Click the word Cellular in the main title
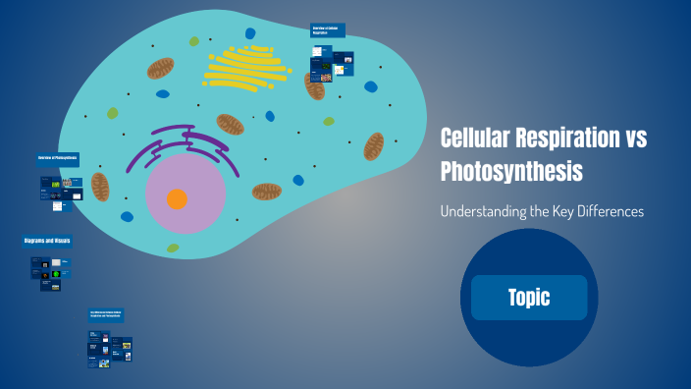point(475,139)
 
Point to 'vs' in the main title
point(635,139)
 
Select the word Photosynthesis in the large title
point(511,172)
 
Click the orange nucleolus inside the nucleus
point(177,199)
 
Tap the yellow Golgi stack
point(245,69)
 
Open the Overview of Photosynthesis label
point(58,158)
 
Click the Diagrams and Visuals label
point(47,241)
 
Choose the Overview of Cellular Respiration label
point(328,30)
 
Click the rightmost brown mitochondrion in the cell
point(374,146)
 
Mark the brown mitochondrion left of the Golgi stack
point(160,68)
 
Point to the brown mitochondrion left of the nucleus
point(100,186)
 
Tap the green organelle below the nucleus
point(173,248)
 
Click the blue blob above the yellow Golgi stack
point(250,33)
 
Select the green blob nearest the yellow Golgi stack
point(194,41)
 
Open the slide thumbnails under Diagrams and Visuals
point(50,274)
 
